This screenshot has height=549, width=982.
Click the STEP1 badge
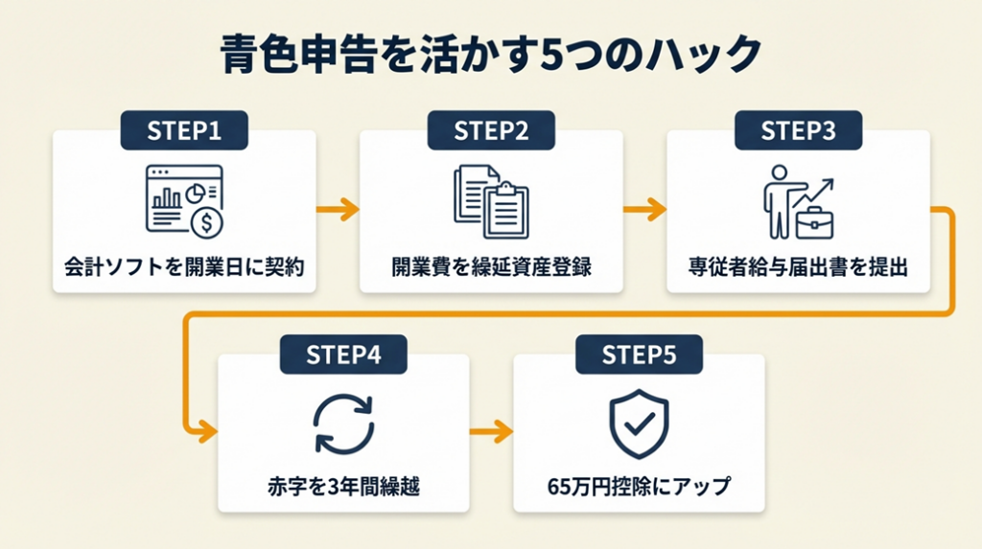click(184, 131)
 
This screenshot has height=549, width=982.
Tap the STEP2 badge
click(491, 131)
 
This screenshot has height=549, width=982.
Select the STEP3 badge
click(798, 131)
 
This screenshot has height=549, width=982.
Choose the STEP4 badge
click(343, 355)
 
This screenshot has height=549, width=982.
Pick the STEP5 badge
click(639, 355)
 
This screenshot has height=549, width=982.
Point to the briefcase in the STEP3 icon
click(814, 222)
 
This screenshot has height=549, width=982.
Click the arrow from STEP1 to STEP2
click(338, 207)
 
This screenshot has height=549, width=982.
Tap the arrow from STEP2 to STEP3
click(644, 207)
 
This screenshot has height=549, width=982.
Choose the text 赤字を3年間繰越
click(343, 487)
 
